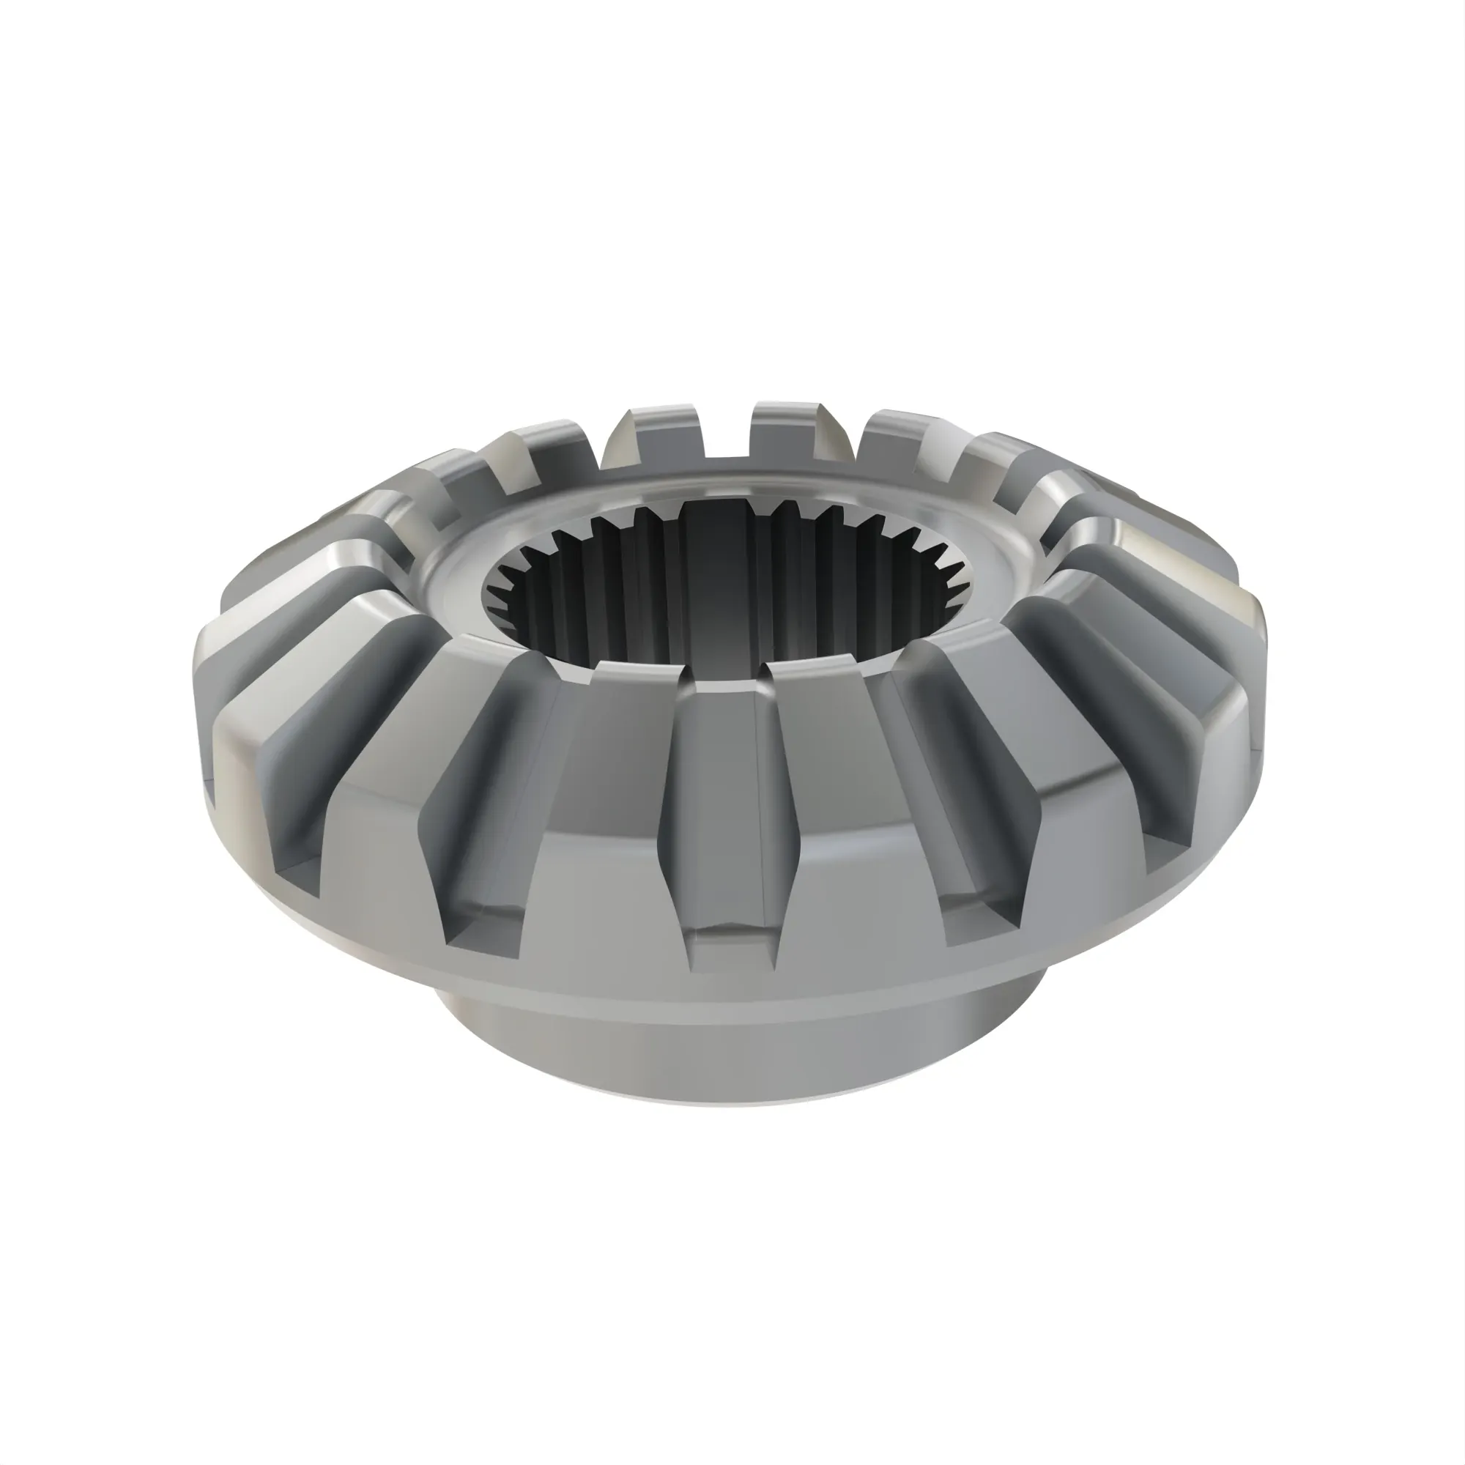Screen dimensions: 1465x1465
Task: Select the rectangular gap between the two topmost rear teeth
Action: click(x=728, y=432)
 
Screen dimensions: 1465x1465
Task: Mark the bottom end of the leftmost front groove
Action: click(x=300, y=872)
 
